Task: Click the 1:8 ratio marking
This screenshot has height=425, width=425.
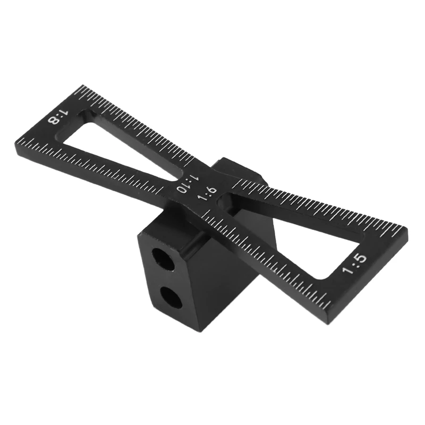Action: [x=59, y=116]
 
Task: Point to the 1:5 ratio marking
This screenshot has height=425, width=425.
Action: [x=355, y=263]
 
